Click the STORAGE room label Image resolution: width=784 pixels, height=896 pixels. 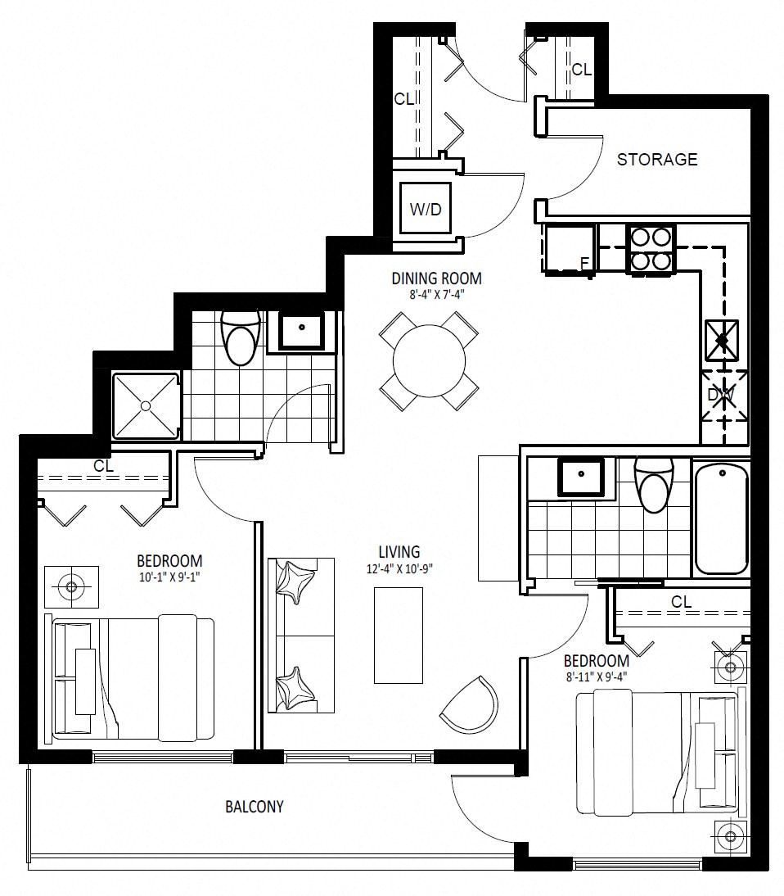(656, 159)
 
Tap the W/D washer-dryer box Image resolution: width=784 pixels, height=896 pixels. (426, 208)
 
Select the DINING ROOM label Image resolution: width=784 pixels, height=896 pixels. (436, 278)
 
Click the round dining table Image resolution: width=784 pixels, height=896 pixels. (429, 360)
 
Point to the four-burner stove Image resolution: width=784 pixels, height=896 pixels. (650, 249)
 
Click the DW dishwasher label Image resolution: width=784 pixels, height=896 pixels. (721, 395)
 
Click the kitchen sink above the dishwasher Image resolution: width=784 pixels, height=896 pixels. (722, 341)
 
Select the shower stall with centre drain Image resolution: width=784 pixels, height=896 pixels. (146, 405)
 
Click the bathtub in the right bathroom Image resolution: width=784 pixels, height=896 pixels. (721, 519)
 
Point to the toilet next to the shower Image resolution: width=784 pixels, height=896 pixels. (241, 338)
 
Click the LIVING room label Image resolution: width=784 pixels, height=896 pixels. (399, 552)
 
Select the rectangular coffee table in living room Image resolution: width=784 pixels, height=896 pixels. (399, 635)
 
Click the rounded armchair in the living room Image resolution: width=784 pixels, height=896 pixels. (470, 704)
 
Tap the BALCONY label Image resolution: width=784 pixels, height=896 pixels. (254, 806)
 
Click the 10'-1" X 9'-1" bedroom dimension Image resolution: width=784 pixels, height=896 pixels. (169, 577)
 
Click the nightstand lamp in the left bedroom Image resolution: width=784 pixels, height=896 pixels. (71, 587)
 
